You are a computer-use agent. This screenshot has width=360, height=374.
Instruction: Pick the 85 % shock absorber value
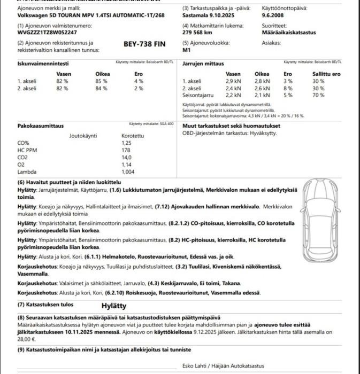pos(101,81)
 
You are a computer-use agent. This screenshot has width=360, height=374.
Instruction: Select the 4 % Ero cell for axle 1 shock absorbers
pos(139,81)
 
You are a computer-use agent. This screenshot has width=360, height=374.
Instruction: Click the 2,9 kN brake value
pos(233,81)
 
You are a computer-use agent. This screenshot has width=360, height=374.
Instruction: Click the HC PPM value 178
pos(126,151)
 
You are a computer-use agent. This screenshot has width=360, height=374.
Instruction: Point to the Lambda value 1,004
pos(128,172)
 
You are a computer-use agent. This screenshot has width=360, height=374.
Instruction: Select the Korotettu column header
pos(133,136)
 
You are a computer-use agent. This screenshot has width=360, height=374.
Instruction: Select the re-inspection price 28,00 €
pos(26,339)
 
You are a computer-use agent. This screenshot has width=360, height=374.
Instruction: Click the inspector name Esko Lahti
pos(196,366)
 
